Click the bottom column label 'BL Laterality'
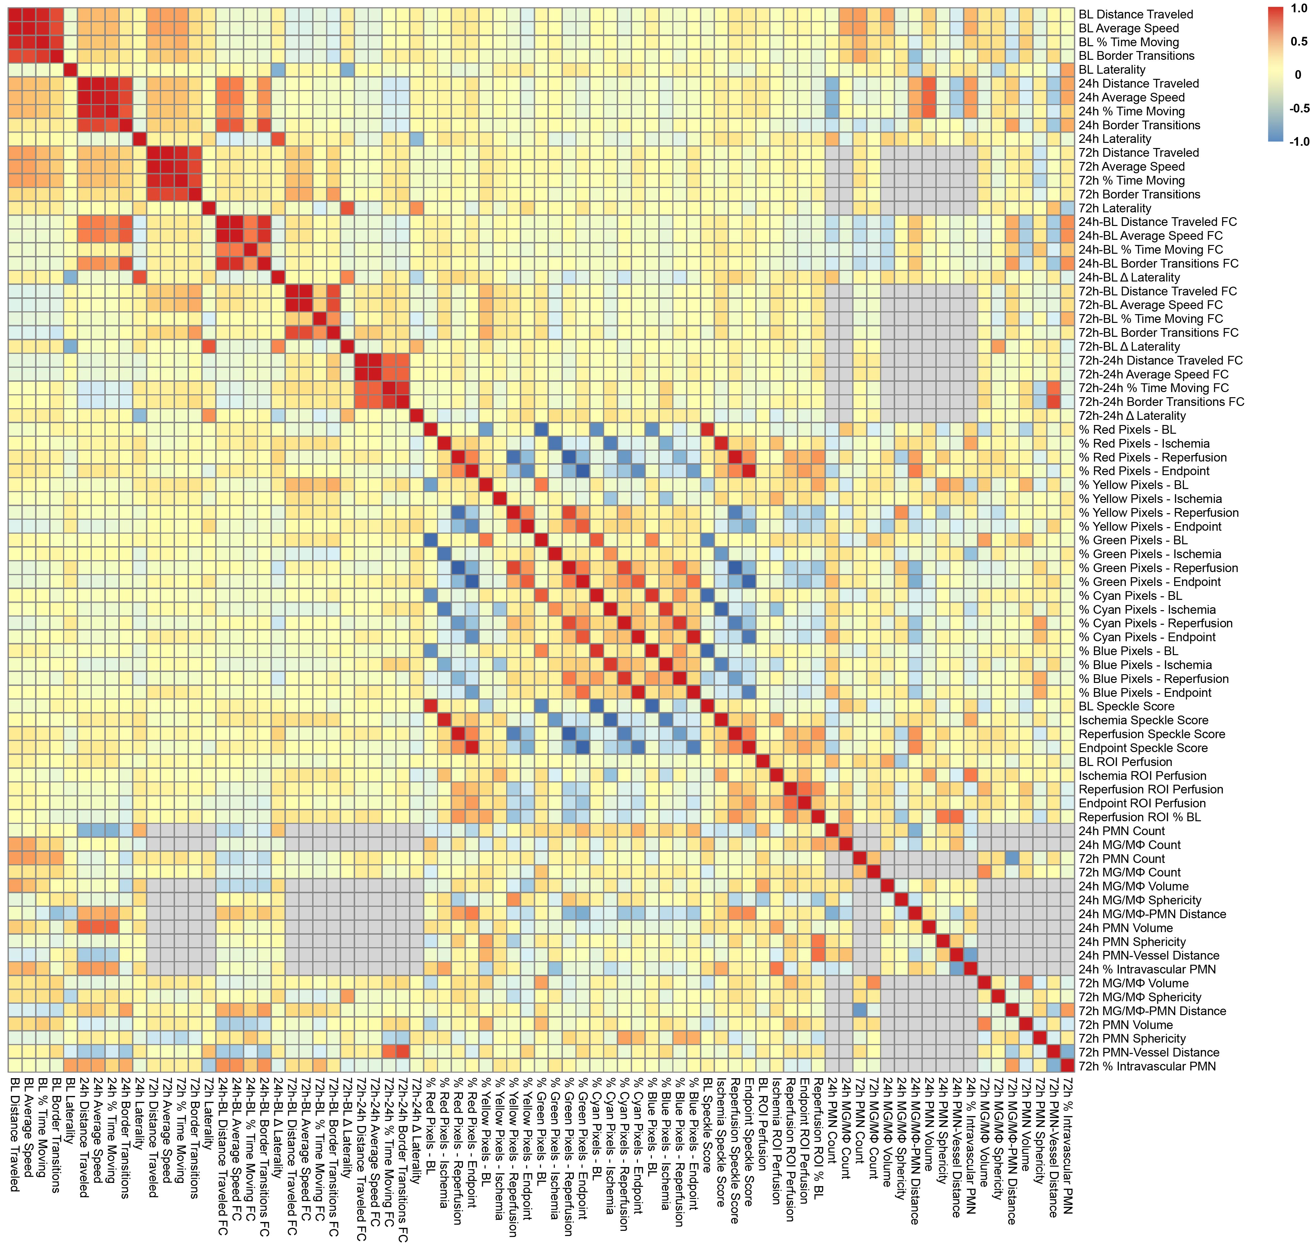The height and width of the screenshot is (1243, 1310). [x=70, y=1113]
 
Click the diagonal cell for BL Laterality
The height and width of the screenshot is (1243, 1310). [x=70, y=69]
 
